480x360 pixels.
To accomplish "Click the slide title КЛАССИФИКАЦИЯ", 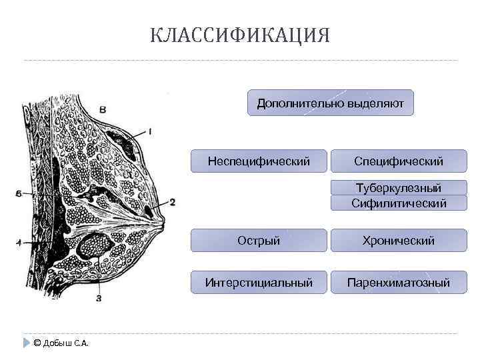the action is [x=240, y=35].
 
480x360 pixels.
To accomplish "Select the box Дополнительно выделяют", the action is [x=331, y=103].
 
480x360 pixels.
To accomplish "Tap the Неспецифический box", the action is [x=259, y=161].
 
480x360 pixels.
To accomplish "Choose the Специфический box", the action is [x=399, y=161].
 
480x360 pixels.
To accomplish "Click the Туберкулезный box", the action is [x=399, y=188].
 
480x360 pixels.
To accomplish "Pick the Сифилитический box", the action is [x=399, y=203].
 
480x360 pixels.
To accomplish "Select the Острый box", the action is [x=259, y=241].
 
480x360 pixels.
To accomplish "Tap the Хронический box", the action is [x=399, y=241].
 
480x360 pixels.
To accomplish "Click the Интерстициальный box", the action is [x=259, y=283].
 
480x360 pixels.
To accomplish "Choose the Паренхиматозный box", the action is [x=399, y=283].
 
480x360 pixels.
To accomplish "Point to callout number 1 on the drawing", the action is [x=150, y=131].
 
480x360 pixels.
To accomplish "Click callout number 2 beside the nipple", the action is [x=172, y=201].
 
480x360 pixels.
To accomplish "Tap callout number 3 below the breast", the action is [x=99, y=298].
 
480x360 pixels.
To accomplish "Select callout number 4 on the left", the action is [x=19, y=243].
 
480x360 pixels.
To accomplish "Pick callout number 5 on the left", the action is [x=19, y=194].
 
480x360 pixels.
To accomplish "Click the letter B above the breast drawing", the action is [x=103, y=109].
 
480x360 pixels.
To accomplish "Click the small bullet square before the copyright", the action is [x=26, y=343].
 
